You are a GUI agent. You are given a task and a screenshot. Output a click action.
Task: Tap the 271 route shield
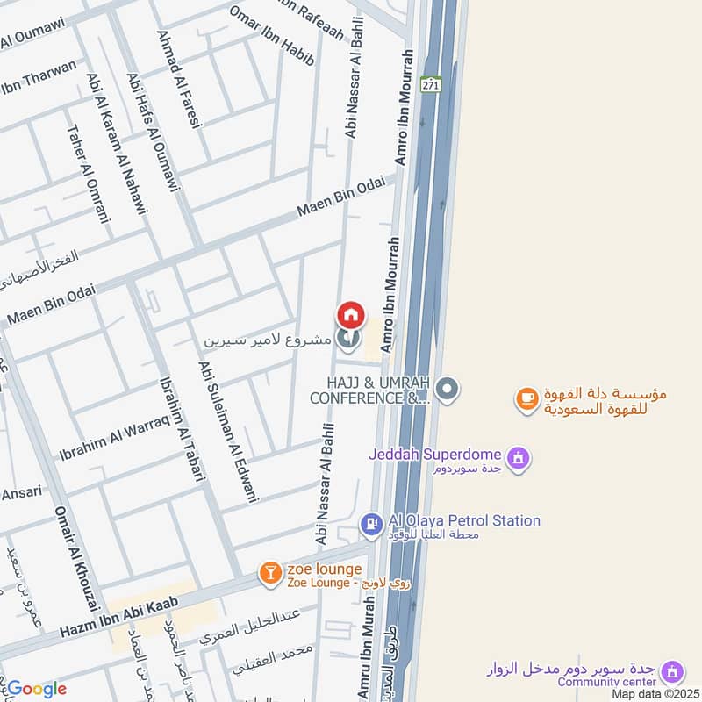coord(429,84)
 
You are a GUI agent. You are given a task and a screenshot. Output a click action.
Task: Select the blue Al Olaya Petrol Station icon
coord(371,524)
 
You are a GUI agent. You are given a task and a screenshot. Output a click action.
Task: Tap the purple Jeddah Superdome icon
coord(519,456)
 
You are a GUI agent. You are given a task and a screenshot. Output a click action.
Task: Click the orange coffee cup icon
coord(526,398)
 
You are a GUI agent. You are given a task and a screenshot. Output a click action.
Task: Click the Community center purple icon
coord(673,671)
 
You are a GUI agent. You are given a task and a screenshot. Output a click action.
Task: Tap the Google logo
coord(36,689)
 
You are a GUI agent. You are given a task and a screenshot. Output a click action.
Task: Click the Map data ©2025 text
coord(654,693)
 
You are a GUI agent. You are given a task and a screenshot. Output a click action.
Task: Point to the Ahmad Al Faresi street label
coord(180,80)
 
